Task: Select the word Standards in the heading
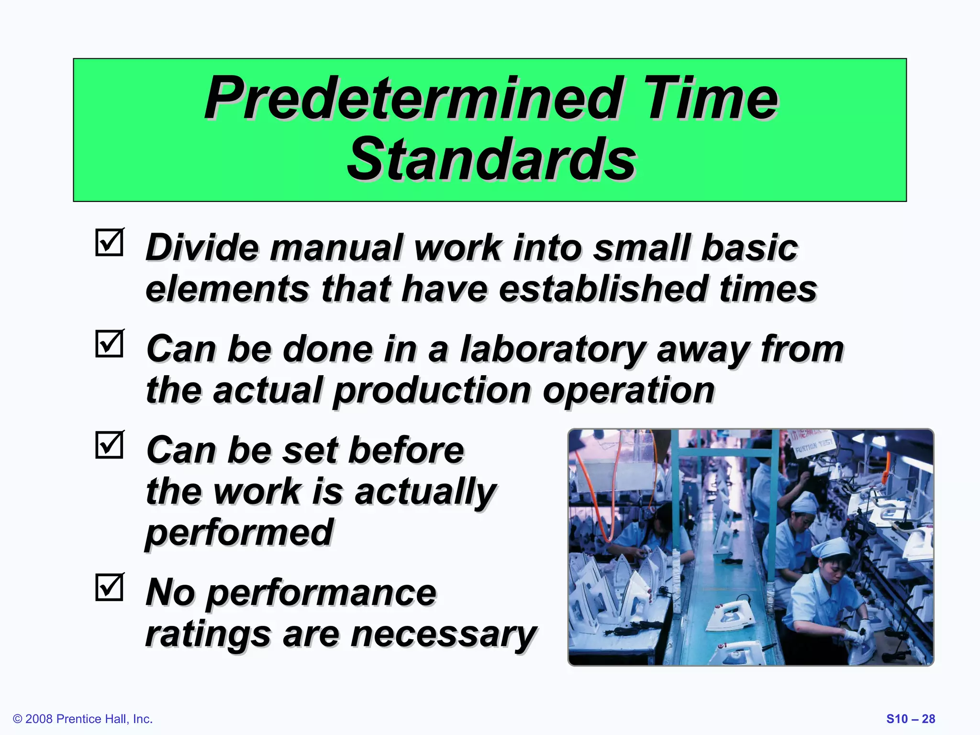(491, 159)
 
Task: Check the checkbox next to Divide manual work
(110, 243)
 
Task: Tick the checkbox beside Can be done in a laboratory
(110, 344)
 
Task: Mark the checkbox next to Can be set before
(110, 445)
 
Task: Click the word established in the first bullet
(604, 289)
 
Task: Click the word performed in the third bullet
(239, 533)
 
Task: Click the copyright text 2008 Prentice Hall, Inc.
(83, 719)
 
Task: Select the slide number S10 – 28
(910, 719)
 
